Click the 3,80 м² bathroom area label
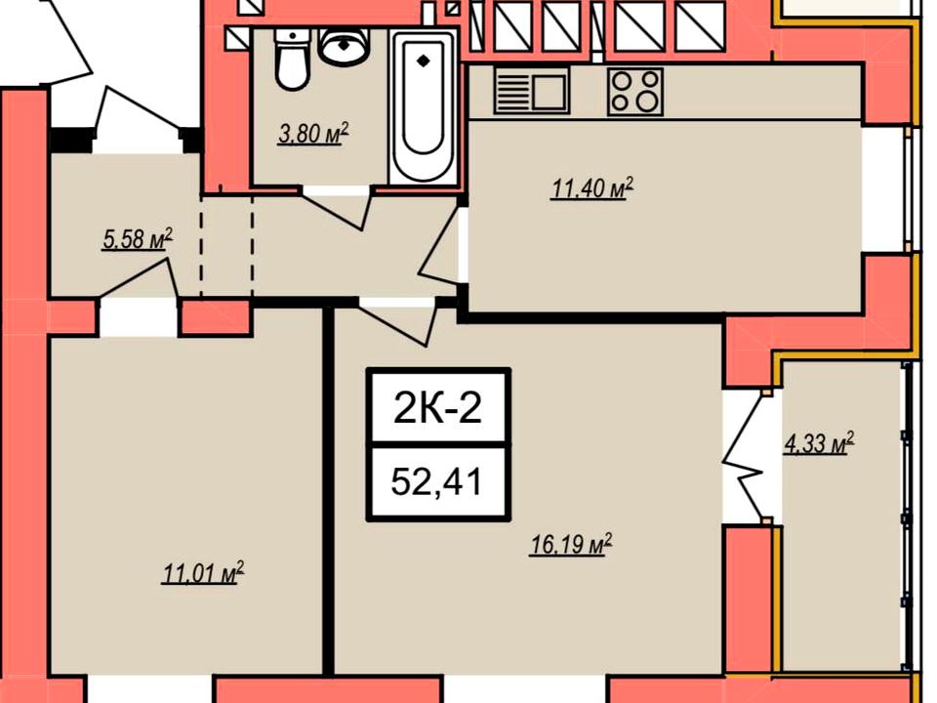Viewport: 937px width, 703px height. click(313, 134)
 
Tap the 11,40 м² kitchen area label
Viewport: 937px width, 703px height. click(591, 188)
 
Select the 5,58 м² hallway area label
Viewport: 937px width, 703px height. click(138, 238)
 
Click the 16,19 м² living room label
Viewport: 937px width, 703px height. click(571, 545)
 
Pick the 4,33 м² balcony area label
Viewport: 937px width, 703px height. click(818, 443)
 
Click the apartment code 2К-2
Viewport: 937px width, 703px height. click(438, 409)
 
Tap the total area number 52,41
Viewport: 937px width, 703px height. click(437, 481)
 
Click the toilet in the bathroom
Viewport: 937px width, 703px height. click(292, 60)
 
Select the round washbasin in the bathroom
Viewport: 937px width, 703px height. click(344, 47)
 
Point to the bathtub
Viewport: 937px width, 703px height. click(423, 107)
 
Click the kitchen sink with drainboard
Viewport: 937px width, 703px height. click(531, 90)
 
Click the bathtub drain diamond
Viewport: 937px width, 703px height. click(423, 61)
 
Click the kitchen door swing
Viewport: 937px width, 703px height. click(442, 251)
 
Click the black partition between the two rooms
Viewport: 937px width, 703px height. click(328, 491)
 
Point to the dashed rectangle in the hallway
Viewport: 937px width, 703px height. click(226, 245)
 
